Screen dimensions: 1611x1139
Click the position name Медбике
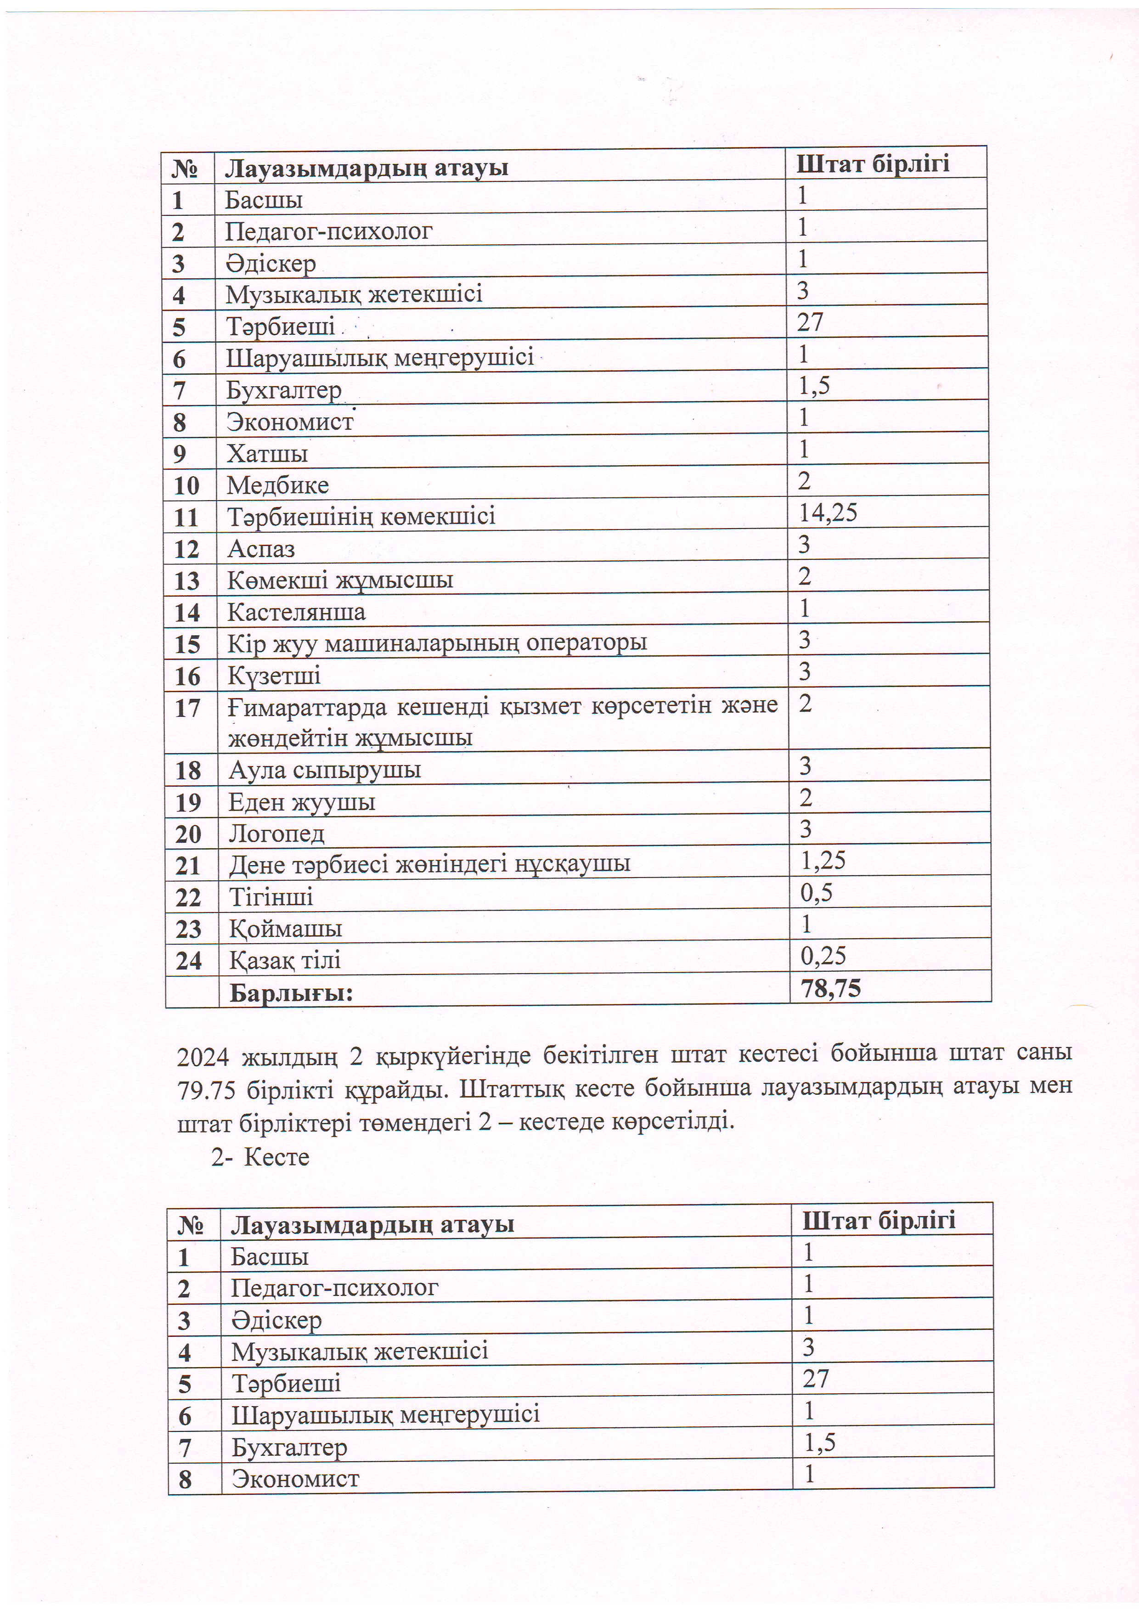pos(278,485)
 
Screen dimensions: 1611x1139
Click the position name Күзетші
pos(274,676)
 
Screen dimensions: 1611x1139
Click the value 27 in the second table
pos(816,1379)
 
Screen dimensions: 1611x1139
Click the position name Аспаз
pos(261,549)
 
